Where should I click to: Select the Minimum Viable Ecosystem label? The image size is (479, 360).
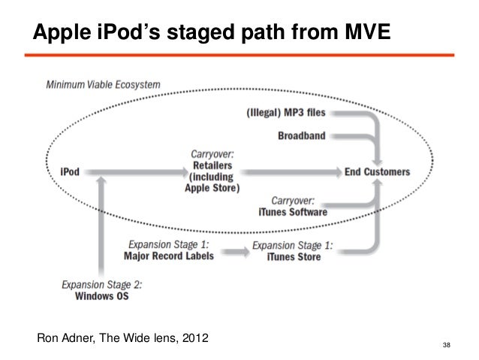[x=104, y=85]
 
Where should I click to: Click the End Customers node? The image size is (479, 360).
[x=378, y=171]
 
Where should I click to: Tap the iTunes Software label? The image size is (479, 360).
[x=288, y=213]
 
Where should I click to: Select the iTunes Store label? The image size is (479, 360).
[x=294, y=257]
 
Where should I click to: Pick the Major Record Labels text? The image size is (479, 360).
[x=169, y=256]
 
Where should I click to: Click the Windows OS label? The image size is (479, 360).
[x=101, y=296]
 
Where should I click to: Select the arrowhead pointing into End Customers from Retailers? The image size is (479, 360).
[x=336, y=172]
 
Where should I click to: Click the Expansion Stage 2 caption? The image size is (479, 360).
[x=101, y=285]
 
